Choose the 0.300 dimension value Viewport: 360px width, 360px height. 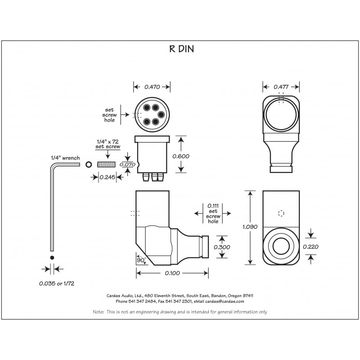point(221,247)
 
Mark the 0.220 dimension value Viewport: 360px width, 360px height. point(310,246)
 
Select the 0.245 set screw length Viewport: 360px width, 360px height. point(107,177)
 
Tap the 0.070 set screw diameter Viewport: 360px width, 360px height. point(128,164)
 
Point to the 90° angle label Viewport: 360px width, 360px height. point(140,260)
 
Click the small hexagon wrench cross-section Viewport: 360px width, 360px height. point(53,257)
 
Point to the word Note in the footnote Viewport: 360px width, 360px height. point(98,311)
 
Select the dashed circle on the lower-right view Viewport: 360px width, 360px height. point(282,213)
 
